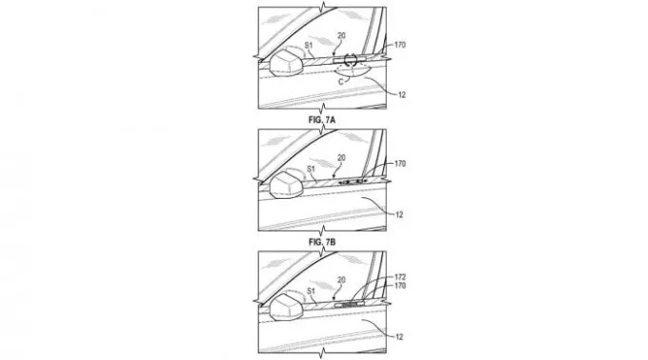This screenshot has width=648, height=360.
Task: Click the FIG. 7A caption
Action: (322, 120)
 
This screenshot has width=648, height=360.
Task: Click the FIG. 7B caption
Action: (322, 242)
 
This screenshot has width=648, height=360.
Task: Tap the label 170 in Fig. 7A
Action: (399, 45)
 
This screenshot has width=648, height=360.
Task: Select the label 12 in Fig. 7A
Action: (402, 95)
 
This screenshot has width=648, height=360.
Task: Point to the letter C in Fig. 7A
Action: (341, 82)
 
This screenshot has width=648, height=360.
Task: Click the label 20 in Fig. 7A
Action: (341, 36)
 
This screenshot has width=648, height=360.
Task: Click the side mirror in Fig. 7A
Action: (285, 63)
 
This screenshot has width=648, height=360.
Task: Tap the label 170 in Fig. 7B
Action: (399, 164)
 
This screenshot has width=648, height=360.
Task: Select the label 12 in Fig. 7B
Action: (398, 214)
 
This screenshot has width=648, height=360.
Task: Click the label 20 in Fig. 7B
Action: (341, 158)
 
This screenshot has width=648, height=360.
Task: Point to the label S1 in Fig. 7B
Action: (311, 169)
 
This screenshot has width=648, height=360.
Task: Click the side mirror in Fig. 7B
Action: (285, 185)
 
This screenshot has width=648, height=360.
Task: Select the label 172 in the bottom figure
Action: (399, 277)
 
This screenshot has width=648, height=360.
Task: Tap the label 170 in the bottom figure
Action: (399, 286)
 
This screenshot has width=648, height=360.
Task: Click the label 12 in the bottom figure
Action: (398, 337)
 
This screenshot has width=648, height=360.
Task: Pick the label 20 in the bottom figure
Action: (341, 280)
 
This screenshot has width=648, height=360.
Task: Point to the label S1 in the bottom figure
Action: (311, 291)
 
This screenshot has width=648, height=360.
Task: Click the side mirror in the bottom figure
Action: (285, 308)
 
